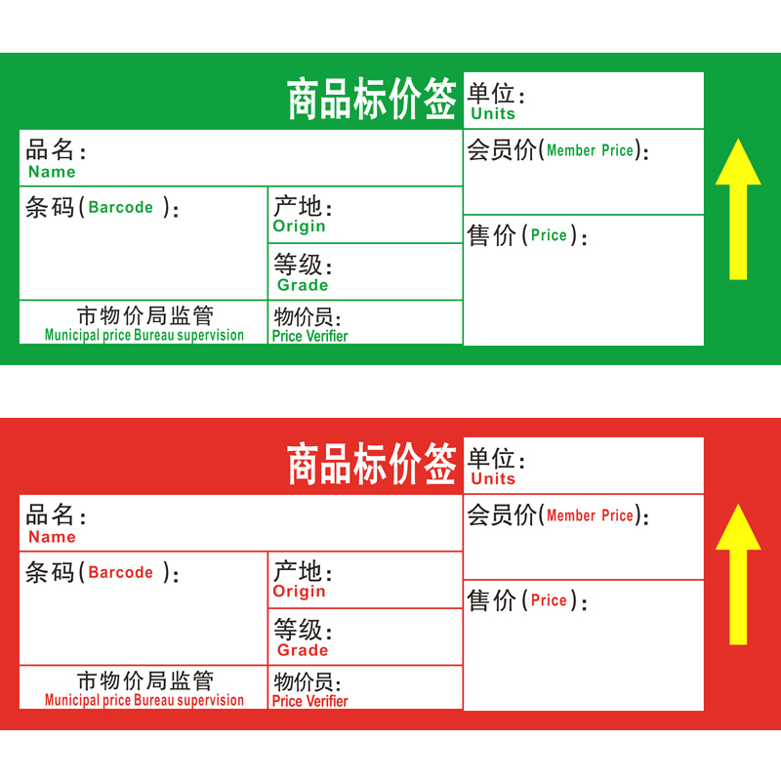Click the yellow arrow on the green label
pyautogui.click(x=738, y=209)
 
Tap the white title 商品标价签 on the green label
pyautogui.click(x=372, y=100)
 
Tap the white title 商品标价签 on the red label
pyautogui.click(x=372, y=465)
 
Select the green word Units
pyautogui.click(x=493, y=114)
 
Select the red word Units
pyautogui.click(x=493, y=479)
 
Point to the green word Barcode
pyautogui.click(x=121, y=207)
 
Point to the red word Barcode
pyautogui.click(x=121, y=572)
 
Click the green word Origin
pyautogui.click(x=300, y=226)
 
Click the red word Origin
pyautogui.click(x=300, y=592)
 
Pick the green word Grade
pyautogui.click(x=303, y=285)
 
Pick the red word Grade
pyautogui.click(x=303, y=650)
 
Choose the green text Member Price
pyautogui.click(x=591, y=150)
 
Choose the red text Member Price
pyautogui.click(x=591, y=515)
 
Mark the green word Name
pyautogui.click(x=52, y=172)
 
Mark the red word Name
pyautogui.click(x=52, y=537)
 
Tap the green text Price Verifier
pyautogui.click(x=309, y=336)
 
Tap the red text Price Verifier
pyautogui.click(x=309, y=701)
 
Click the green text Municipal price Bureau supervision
pyautogui.click(x=144, y=335)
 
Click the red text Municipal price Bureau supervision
pyautogui.click(x=144, y=700)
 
